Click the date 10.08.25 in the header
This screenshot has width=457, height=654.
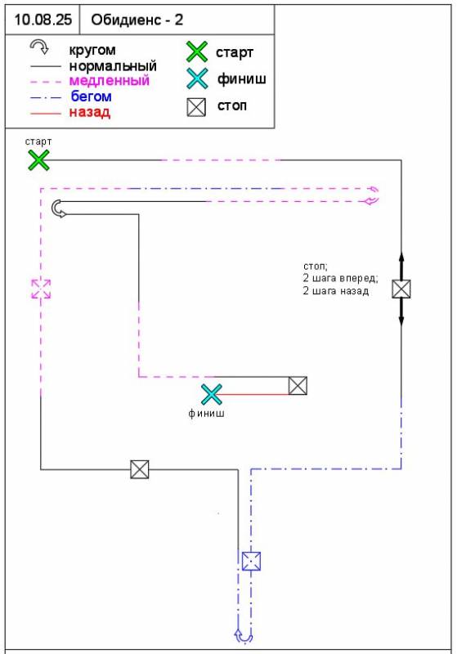43,20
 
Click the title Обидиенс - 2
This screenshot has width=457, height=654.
137,20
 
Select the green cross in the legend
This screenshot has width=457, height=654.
197,52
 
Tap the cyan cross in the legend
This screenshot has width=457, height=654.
197,78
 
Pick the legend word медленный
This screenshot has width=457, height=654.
110,80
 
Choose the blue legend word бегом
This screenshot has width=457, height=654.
92,96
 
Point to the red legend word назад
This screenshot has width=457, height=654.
90,112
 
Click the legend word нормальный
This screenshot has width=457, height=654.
113,66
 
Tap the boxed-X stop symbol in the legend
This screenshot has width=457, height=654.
196,107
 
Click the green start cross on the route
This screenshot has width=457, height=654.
38,160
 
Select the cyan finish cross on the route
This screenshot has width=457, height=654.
212,395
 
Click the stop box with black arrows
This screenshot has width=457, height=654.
401,289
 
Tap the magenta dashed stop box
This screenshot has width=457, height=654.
41,289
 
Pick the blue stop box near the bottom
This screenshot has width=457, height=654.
252,561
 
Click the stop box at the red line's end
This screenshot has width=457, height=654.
298,385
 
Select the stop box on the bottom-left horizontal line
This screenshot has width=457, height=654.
139,469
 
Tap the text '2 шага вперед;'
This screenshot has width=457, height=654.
340,278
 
